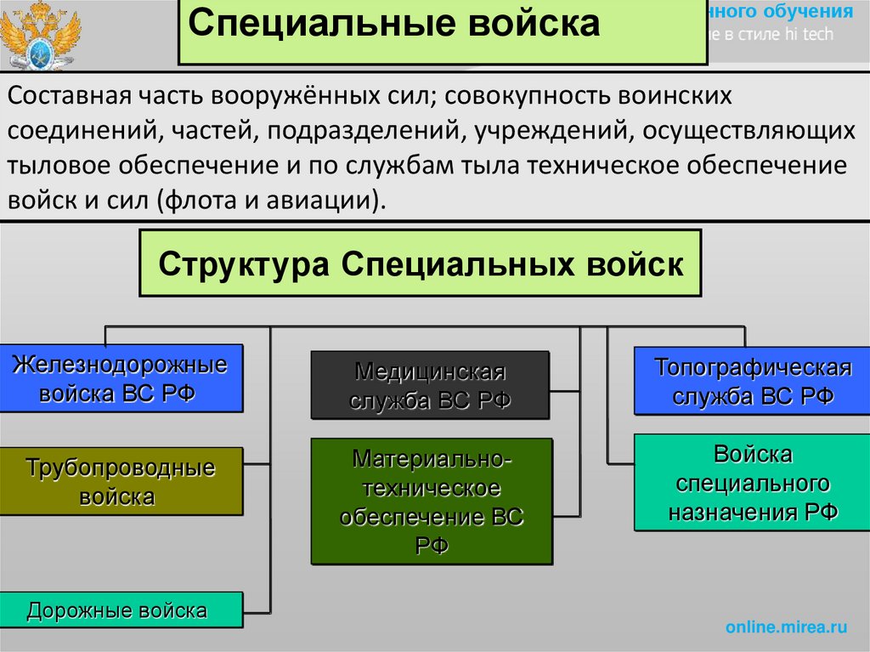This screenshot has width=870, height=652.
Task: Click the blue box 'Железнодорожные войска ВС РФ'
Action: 121,378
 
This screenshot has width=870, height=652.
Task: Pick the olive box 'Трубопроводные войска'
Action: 121,480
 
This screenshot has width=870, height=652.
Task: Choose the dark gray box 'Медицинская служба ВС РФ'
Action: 429,385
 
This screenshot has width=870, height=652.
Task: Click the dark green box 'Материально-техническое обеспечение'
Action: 431,502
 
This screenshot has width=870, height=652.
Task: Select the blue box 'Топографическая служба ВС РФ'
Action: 753,381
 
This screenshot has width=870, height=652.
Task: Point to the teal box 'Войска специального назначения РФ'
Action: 753,482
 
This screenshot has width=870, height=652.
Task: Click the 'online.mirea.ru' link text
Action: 786,627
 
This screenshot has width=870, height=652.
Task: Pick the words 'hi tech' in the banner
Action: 811,35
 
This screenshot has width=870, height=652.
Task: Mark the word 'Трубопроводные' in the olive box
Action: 121,468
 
